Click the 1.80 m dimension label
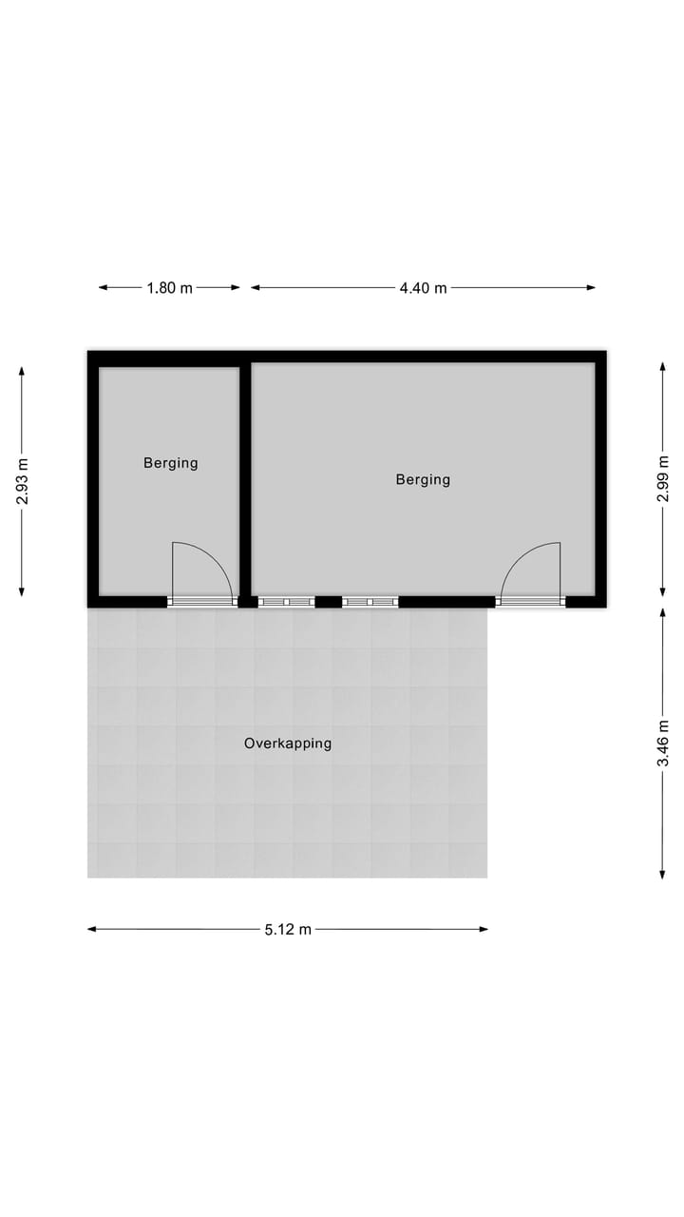170,288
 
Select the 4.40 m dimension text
423,288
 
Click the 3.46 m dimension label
664,744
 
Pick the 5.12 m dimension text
288,930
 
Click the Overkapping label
288,744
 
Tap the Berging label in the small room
171,463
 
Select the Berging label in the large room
423,479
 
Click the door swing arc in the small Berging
215,558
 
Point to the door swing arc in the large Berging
518,558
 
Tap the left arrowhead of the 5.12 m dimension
92,930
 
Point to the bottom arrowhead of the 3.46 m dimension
664,875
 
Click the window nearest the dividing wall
286,601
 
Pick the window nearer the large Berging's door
370,601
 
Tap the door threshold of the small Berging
201,601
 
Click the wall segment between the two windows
328,601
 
